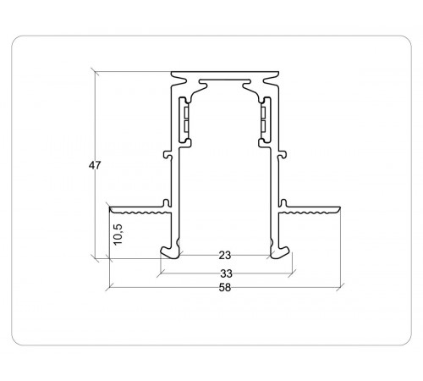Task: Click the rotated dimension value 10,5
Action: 118,233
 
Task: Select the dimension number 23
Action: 224,255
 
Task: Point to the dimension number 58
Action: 224,288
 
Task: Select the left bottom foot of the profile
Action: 169,251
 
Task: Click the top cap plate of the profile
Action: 224,74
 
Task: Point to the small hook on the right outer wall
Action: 285,154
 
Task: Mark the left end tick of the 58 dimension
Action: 110,287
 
